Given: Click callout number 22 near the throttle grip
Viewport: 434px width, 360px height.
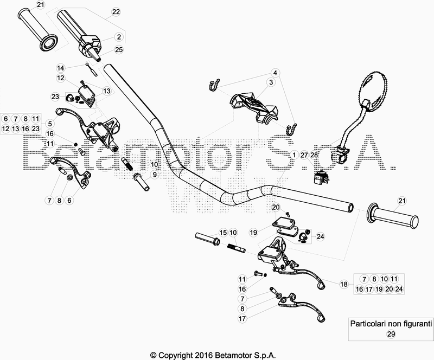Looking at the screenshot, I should [x=116, y=11].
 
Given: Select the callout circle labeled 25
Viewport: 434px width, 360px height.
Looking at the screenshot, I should [x=119, y=50].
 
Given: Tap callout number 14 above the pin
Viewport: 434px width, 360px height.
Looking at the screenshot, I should [x=61, y=68].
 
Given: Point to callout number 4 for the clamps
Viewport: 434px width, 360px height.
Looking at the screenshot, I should [x=275, y=73].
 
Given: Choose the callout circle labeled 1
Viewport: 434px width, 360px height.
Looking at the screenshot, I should [x=293, y=155].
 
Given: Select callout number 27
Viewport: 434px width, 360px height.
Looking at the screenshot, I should [x=304, y=155].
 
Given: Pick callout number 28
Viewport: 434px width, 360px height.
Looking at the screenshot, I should [x=314, y=155].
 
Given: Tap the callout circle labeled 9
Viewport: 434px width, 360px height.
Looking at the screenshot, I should [x=155, y=175].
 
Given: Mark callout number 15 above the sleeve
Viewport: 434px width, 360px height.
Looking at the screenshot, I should [x=223, y=233].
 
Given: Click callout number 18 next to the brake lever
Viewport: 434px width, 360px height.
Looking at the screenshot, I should [x=343, y=284].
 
